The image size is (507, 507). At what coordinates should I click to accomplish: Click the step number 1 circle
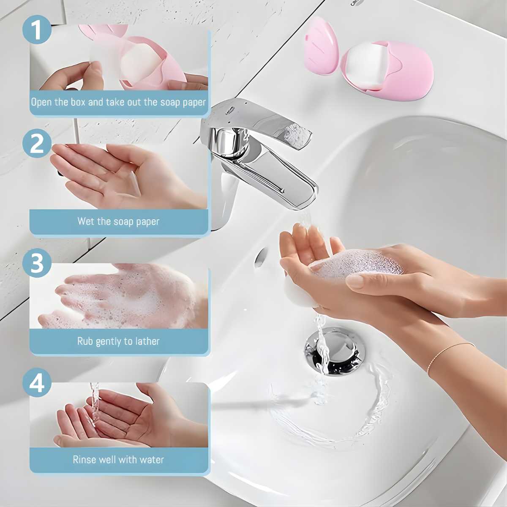click(37, 30)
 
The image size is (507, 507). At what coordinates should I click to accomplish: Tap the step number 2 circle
click(37, 143)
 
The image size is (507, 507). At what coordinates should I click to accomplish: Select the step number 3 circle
click(37, 263)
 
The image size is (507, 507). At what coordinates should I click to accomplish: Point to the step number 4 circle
click(37, 383)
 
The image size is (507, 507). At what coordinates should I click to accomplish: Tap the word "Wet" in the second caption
click(86, 221)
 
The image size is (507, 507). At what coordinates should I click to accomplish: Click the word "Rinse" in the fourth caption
click(84, 460)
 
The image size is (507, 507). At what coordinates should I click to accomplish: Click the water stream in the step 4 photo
click(95, 406)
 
